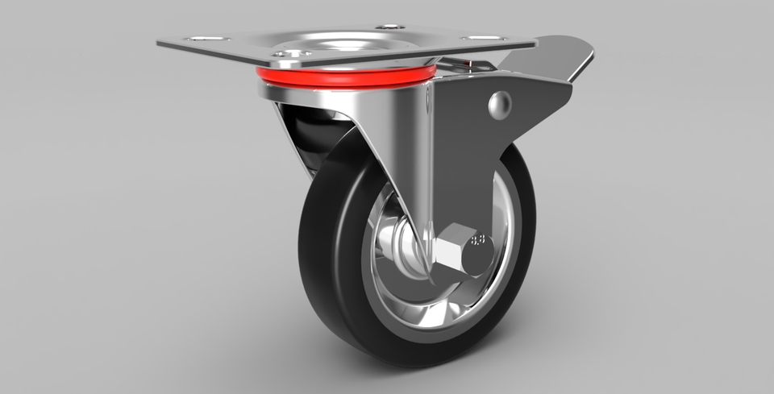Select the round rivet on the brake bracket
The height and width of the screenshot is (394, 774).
(x=500, y=104)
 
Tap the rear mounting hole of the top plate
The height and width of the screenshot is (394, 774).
(x=389, y=26)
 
